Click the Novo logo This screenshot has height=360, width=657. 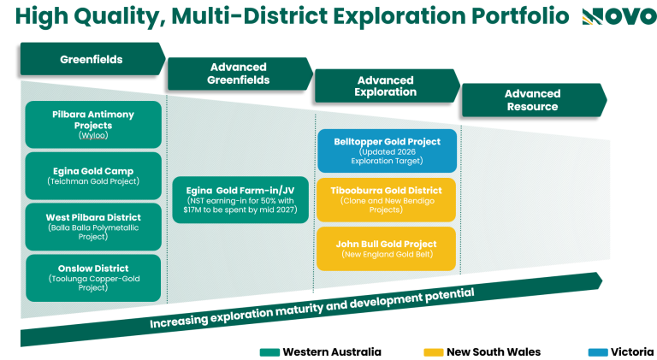pos(619,17)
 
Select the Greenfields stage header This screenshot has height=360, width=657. pos(93,59)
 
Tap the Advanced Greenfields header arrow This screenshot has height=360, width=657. pos(240,74)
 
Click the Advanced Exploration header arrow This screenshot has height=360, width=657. pos(388,86)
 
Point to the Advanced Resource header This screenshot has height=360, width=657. pos(534,100)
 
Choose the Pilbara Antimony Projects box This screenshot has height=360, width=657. pos(93,124)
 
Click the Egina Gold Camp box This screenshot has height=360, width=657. pos(93,176)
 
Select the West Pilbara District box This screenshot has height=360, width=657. pos(93,227)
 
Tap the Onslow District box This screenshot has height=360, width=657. pos(93,278)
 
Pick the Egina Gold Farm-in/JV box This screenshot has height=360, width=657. pos(240,200)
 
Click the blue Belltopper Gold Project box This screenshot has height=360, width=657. pos(388,150)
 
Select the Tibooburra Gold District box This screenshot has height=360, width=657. pos(387,200)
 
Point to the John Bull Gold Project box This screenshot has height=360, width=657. pos(387,249)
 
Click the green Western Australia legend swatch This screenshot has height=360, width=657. pos(269,352)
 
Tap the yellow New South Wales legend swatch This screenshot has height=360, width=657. pos(433,352)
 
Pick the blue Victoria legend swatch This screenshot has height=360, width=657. pos(598,352)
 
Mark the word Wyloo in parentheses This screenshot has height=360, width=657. pos(93,135)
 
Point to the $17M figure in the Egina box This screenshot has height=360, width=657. pos(192,210)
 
